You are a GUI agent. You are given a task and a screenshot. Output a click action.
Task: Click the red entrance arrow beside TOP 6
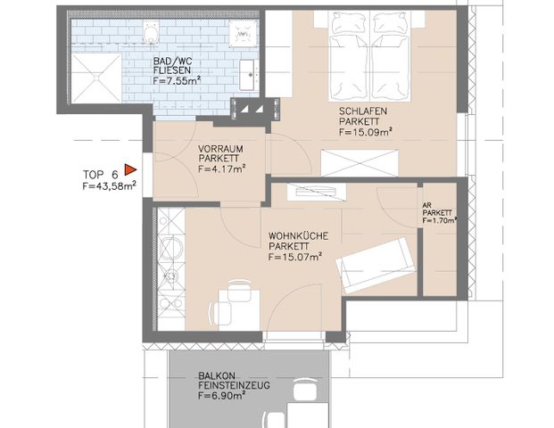(130, 168)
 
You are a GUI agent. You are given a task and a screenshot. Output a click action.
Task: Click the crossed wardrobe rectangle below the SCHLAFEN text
(359, 163)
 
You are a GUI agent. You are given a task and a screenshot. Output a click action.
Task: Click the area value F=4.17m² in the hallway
(221, 168)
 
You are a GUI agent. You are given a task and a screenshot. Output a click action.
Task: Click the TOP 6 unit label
(100, 174)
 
